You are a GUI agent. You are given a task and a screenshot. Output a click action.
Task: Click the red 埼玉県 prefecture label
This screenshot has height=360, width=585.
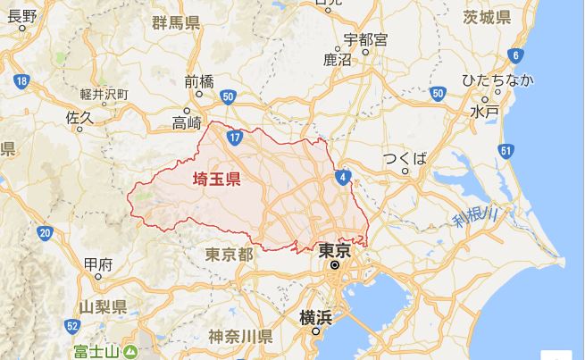[x=217, y=179]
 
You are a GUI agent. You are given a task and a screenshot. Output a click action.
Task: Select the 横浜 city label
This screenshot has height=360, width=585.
[x=316, y=318]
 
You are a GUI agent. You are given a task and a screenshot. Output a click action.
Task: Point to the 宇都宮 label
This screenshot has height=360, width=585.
[x=366, y=40]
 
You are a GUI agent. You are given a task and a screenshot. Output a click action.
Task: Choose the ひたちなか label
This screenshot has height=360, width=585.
[x=497, y=81]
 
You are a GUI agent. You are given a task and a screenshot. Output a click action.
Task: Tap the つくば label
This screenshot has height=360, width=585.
[x=405, y=159]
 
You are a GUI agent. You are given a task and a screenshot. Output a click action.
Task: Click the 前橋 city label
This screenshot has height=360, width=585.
[x=199, y=81]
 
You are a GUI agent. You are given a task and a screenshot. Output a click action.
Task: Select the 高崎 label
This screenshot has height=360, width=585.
[x=188, y=122]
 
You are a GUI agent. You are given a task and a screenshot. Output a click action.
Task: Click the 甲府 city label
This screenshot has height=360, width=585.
[x=96, y=264]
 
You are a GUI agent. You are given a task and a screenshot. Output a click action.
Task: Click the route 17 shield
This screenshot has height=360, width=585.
[x=234, y=138]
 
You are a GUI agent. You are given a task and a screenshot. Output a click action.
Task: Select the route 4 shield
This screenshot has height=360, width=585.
[x=343, y=177]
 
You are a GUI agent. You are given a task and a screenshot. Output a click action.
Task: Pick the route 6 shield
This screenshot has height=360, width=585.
[x=515, y=56]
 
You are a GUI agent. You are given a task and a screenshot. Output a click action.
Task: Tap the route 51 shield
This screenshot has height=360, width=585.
[x=506, y=151]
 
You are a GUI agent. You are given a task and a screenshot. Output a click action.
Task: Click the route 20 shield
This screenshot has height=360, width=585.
[x=45, y=233]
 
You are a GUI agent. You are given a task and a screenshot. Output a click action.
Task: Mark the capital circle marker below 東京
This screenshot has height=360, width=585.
[x=334, y=264]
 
